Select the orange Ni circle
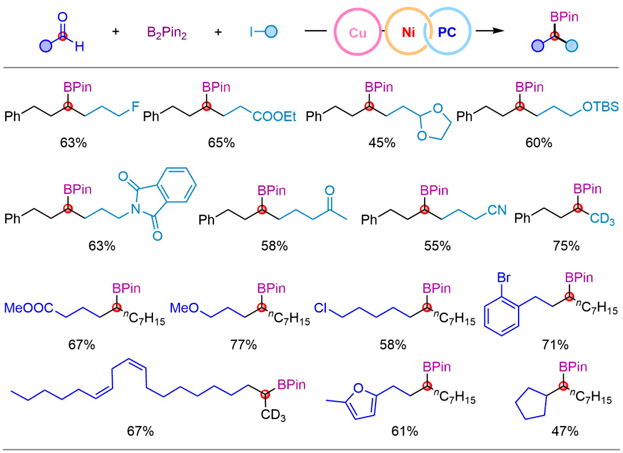408,33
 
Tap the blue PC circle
447,33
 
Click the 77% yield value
243,345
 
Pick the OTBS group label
600,106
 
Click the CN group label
496,211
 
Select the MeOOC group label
29,308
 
